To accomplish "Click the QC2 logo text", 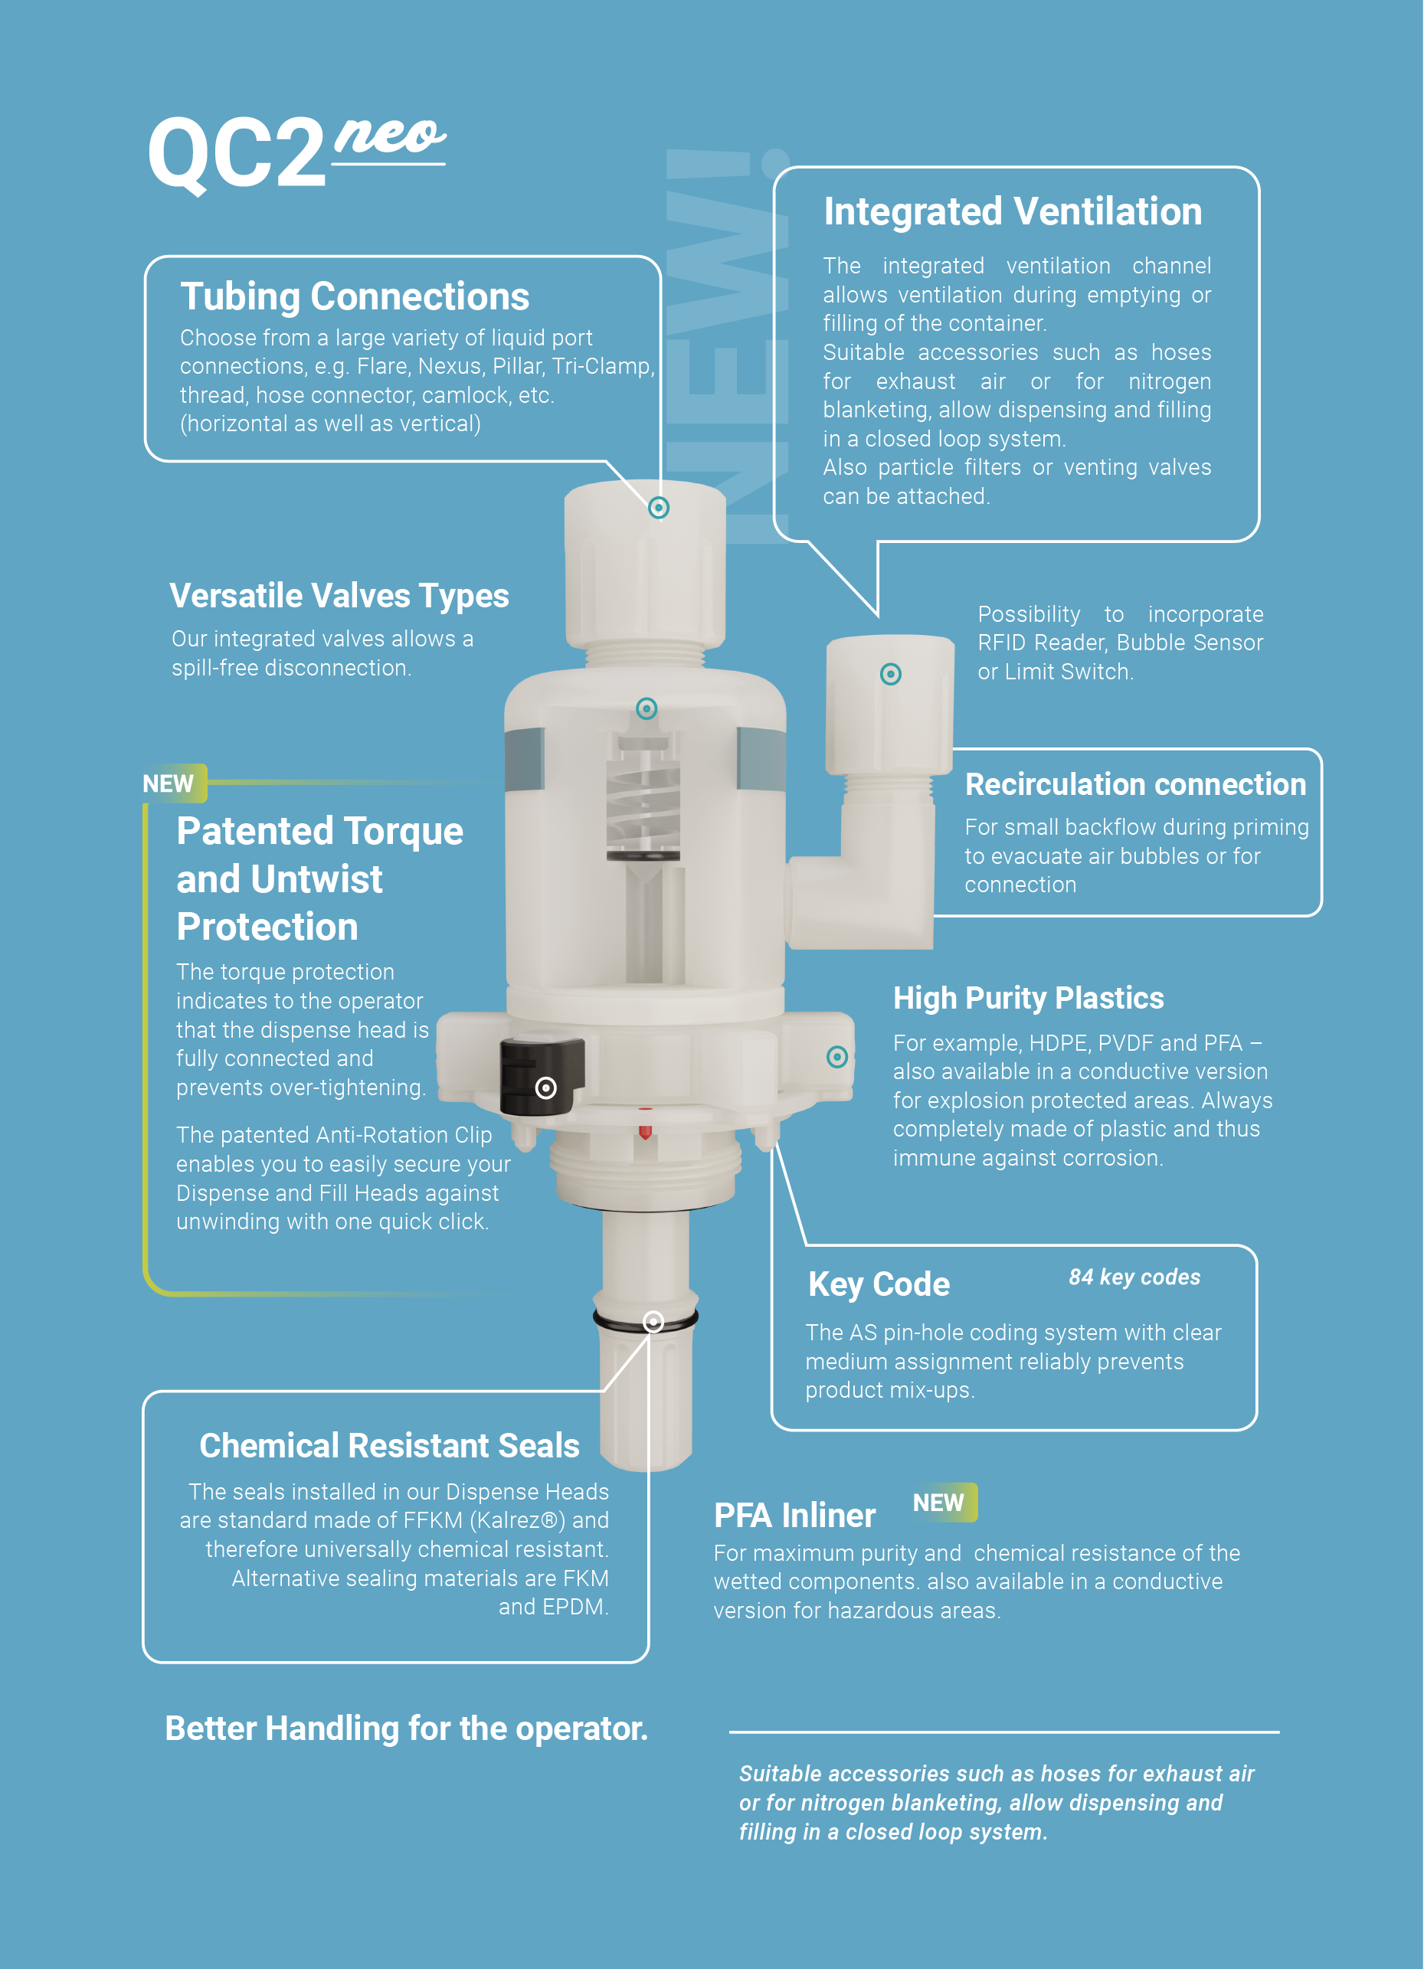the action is (237, 154).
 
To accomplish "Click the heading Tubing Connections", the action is (354, 297).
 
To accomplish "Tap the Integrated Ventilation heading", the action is (1013, 212).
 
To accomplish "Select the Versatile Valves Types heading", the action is (339, 597).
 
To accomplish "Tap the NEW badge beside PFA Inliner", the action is (944, 1502).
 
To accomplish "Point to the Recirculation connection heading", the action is (1135, 785).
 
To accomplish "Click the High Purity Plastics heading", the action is (1028, 999).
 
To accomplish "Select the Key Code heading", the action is (879, 1285).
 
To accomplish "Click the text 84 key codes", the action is (1134, 1277).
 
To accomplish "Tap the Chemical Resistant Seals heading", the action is (389, 1445).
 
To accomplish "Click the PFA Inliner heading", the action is (794, 1515).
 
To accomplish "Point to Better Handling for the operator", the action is (406, 1729).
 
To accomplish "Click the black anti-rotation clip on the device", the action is (541, 1076).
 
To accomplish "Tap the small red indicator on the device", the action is (645, 1130).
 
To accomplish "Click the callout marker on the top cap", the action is (659, 508).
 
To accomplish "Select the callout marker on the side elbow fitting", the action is (891, 675).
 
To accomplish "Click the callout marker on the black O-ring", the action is (653, 1321).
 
